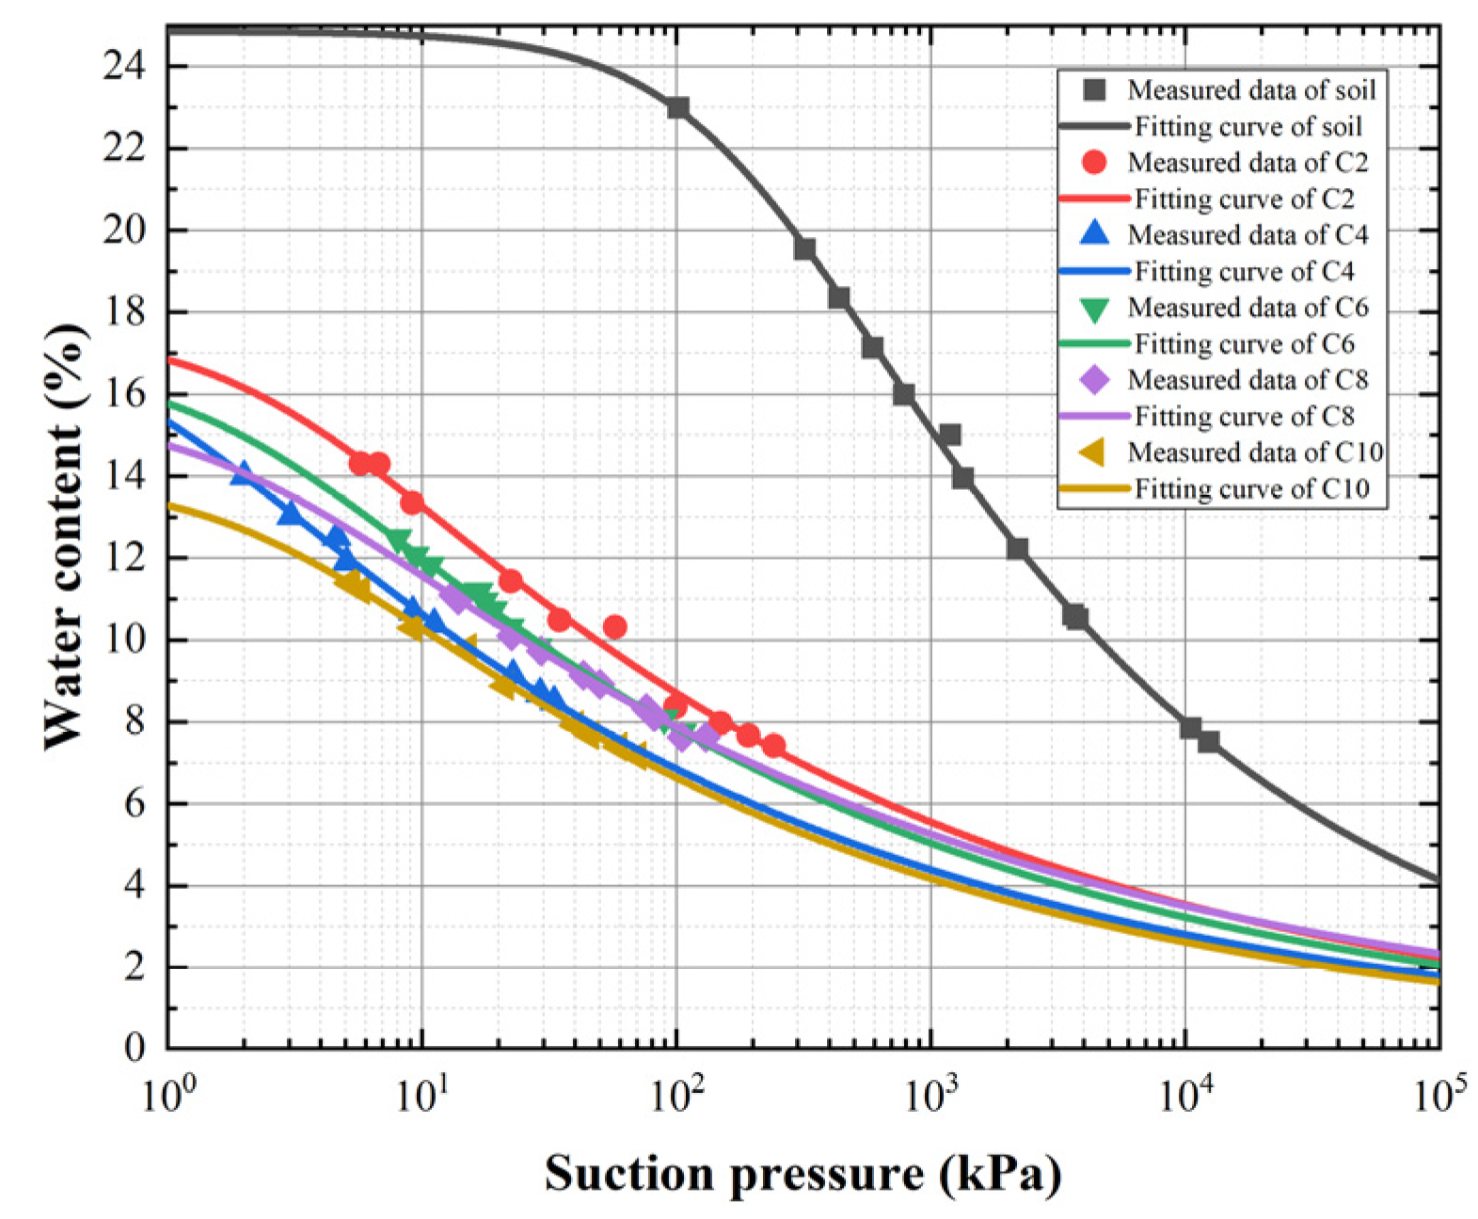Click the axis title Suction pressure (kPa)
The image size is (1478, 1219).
tap(803, 1175)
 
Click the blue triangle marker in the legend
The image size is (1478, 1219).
tap(1094, 233)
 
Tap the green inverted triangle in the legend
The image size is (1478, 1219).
tap(1094, 309)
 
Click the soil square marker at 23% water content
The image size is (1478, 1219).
tap(677, 107)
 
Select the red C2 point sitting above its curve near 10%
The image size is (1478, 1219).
tap(614, 626)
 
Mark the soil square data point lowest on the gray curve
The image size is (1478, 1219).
tap(1208, 741)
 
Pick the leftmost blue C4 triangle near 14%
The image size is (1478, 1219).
tap(244, 474)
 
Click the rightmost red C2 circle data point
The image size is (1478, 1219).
tap(773, 746)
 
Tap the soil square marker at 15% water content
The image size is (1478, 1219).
tap(950, 435)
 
